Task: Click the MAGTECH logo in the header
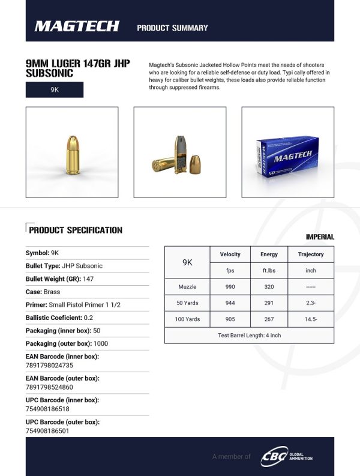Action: click(77, 26)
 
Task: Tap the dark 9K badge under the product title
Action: click(55, 89)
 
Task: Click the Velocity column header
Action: click(230, 255)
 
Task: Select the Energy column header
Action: click(269, 255)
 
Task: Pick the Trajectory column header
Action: click(311, 255)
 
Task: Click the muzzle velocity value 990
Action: click(230, 287)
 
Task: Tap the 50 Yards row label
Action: click(187, 303)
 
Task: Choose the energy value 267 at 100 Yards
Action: click(269, 319)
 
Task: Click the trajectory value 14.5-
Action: click(311, 319)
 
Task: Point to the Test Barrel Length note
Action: click(249, 335)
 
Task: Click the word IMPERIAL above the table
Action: click(320, 237)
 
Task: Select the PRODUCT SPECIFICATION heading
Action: click(76, 230)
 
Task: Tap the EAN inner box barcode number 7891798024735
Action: click(49, 365)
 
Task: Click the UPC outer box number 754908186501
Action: click(47, 430)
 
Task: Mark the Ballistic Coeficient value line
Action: click(59, 318)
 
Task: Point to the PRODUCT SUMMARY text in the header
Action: click(172, 28)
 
